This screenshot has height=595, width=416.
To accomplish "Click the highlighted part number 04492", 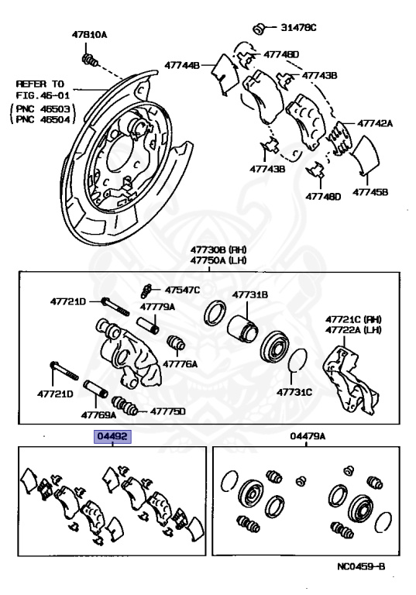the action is point(112,436).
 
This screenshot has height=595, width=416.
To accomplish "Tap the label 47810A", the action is point(90,35).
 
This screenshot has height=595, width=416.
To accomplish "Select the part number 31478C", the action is point(298,27).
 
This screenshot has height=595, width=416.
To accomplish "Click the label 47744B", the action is point(182,65).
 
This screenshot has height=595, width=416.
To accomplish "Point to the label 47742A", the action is point(375,123).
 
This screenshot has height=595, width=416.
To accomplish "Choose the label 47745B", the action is point(370,192).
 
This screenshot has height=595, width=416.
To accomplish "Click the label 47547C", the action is point(182,290).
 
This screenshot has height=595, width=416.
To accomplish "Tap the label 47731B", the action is point(250,294).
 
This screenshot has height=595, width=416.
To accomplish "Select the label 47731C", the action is point(294,392).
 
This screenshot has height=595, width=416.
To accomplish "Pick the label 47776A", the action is point(180,364).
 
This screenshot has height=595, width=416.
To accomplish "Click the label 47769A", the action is point(98,414).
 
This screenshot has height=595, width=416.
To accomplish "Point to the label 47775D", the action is point(168,411).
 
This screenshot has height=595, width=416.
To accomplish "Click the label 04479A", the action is point(308,436).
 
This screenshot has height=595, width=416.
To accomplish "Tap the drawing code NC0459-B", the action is point(361,566).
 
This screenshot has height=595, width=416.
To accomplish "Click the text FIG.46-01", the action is point(37,95).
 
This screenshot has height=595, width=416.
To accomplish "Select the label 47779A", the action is point(157,307).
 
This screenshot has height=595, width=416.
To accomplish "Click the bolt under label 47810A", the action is point(90,60).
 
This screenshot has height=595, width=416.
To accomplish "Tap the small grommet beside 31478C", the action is point(259,29).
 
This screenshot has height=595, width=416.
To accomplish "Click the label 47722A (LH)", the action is point(353,330).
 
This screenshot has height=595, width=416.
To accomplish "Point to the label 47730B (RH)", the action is point(218,249).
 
